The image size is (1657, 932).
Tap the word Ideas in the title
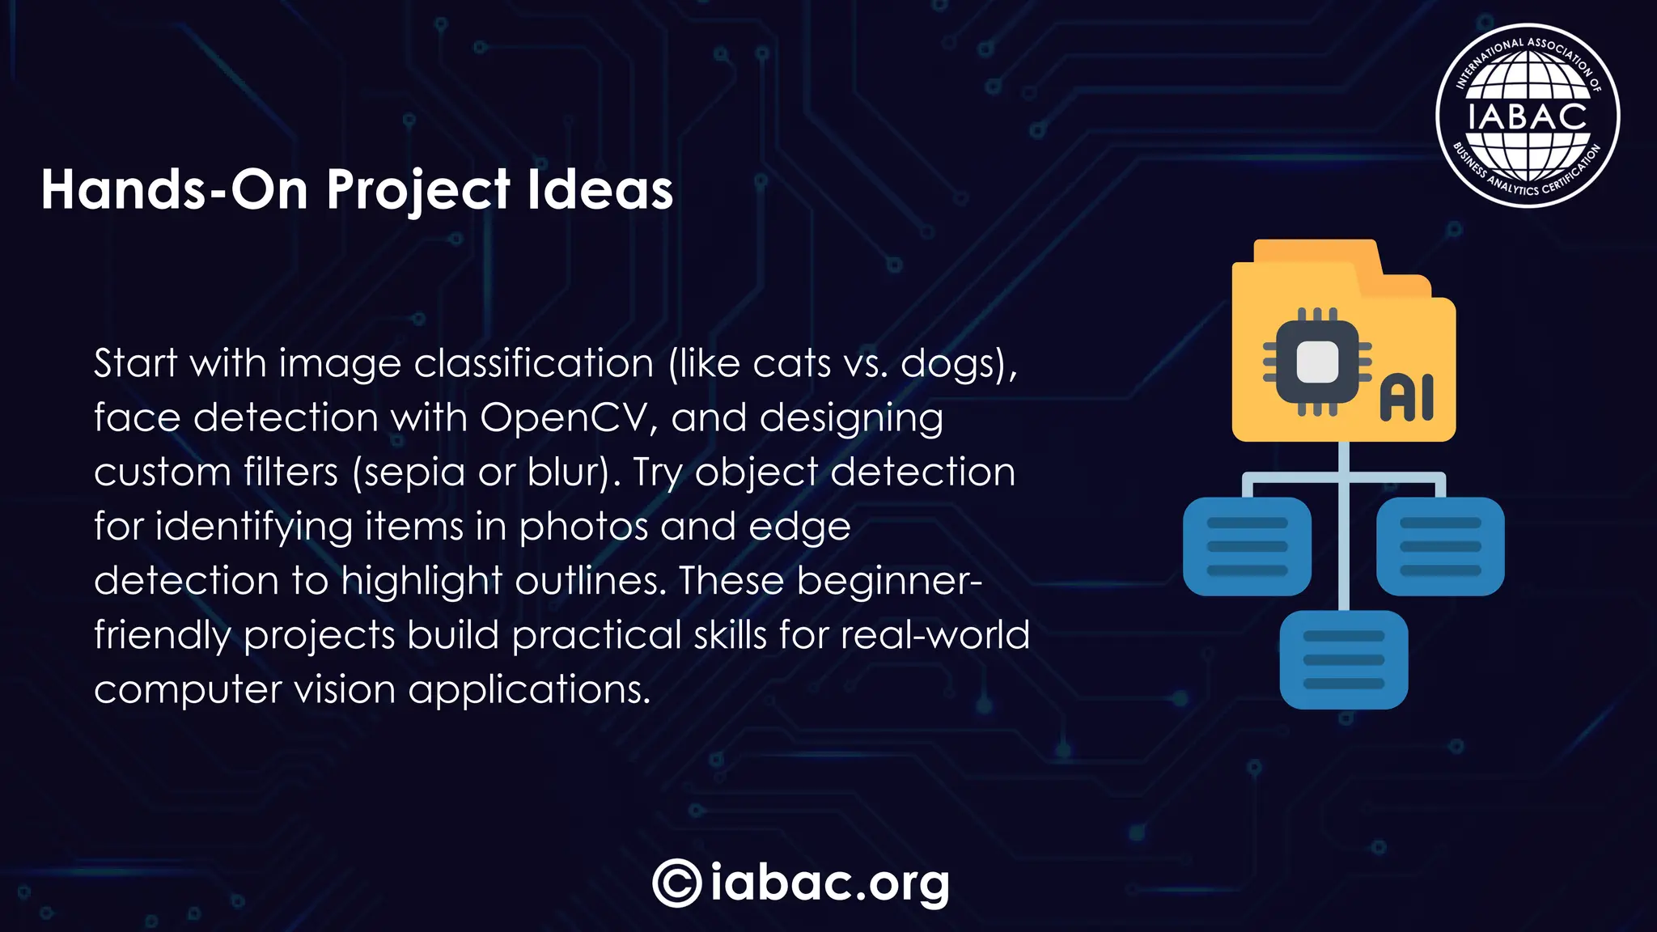(x=600, y=190)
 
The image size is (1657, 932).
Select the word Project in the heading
(x=417, y=192)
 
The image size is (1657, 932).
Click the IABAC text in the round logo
(x=1527, y=116)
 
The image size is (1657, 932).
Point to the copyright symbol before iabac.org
(x=676, y=883)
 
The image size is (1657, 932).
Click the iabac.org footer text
(x=830, y=883)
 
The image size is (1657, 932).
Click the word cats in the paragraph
(x=791, y=363)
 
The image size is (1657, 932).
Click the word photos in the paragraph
(x=583, y=527)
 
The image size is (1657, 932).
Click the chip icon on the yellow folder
(x=1316, y=362)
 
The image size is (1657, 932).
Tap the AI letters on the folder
(x=1406, y=398)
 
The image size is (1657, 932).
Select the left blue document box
(x=1247, y=546)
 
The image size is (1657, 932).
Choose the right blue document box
(x=1440, y=546)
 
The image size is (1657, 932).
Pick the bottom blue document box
(x=1344, y=659)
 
